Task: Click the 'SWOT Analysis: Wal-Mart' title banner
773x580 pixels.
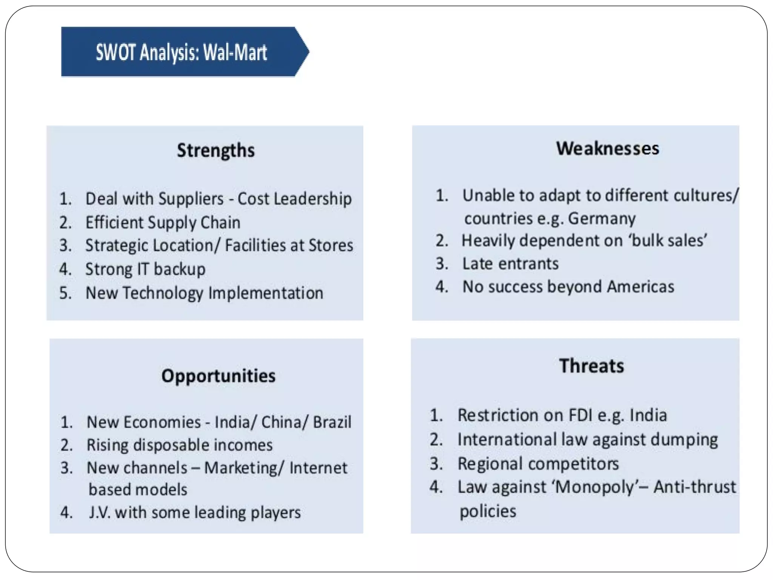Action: [x=181, y=52]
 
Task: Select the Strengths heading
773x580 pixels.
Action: [x=216, y=150]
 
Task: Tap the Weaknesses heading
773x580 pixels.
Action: [x=608, y=148]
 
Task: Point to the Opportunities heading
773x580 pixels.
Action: [x=219, y=376]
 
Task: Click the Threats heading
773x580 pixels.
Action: [x=591, y=366]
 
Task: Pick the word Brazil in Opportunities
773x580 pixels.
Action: [x=332, y=422]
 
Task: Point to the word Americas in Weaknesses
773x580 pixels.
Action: [x=640, y=287]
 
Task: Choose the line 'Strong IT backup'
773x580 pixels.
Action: [x=145, y=269]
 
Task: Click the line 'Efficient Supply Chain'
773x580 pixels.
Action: [x=163, y=222]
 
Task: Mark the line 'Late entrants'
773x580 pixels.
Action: [x=510, y=264]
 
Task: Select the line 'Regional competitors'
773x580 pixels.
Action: [x=538, y=464]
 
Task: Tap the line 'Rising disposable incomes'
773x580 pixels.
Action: [x=180, y=445]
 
